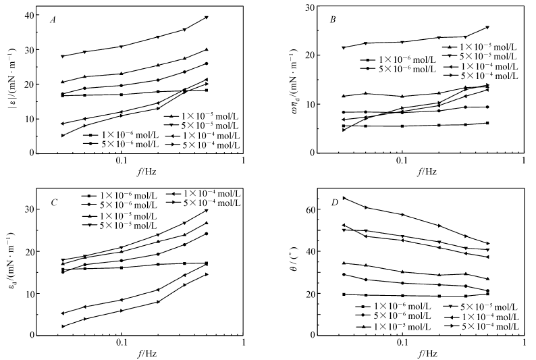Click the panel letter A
pyautogui.click(x=52, y=20)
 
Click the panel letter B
pyautogui.click(x=333, y=19)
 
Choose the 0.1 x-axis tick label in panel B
pyautogui.click(x=402, y=163)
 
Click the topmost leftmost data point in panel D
pyautogui.click(x=344, y=198)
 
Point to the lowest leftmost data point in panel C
pyautogui.click(x=62, y=326)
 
